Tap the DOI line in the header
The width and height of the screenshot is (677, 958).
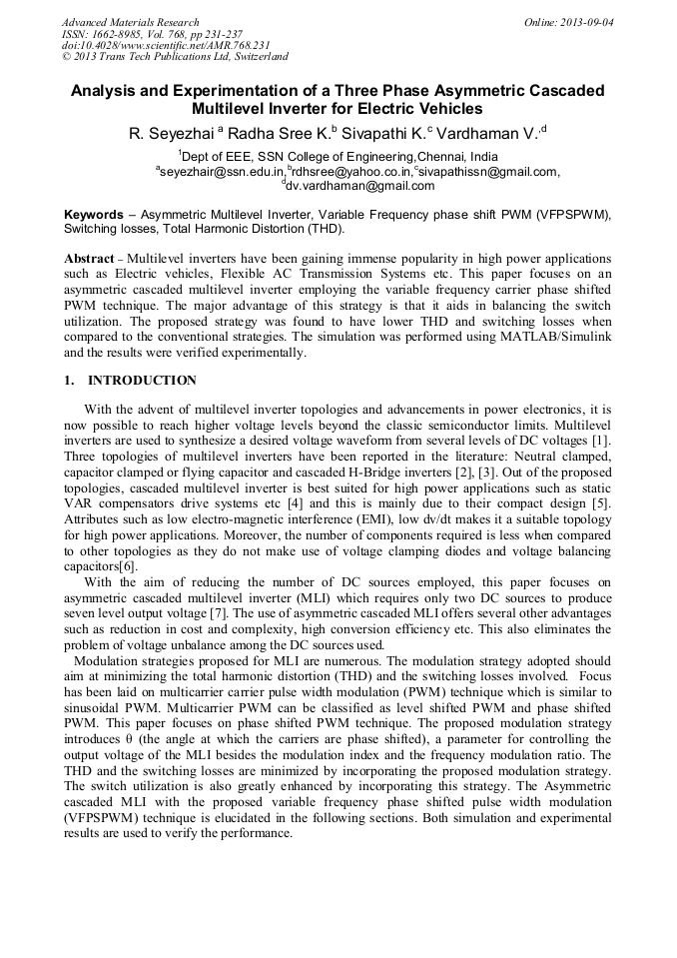[x=165, y=46]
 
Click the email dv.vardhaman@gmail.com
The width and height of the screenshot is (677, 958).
[x=360, y=185]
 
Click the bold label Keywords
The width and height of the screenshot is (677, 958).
[x=97, y=215]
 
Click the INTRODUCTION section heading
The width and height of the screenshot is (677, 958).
[x=143, y=381]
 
